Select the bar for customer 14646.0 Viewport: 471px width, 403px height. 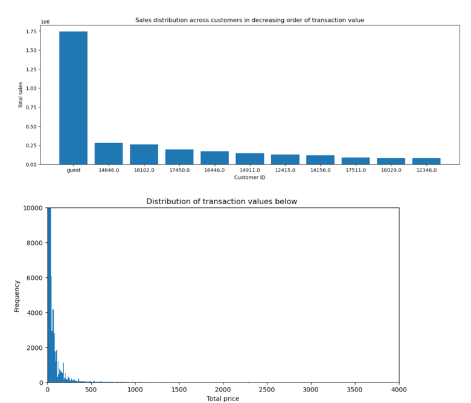[x=109, y=153]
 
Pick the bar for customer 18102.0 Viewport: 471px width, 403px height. [x=144, y=154]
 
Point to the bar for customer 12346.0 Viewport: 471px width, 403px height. [x=426, y=161]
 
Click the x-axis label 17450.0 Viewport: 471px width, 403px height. [x=179, y=170]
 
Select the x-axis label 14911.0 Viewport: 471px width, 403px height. [x=249, y=170]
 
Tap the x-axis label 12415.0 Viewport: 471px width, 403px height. [x=285, y=170]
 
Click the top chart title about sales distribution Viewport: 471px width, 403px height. [x=249, y=20]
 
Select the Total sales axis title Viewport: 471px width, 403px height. [x=21, y=95]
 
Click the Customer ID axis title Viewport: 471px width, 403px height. [x=249, y=177]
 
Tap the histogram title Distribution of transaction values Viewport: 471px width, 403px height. [x=222, y=201]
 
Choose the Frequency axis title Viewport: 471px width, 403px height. [x=17, y=295]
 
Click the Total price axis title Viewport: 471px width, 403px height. [x=223, y=399]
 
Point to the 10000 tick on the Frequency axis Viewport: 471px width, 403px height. [x=32, y=208]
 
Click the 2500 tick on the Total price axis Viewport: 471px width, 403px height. [x=267, y=390]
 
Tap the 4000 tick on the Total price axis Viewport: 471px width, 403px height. [x=399, y=390]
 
